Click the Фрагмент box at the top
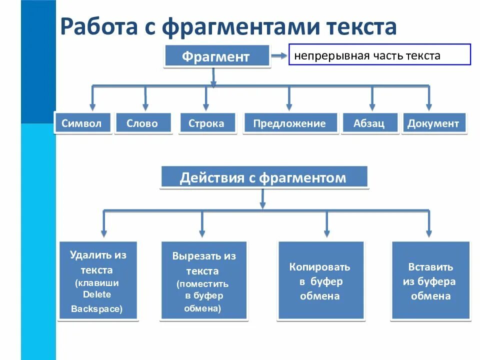pyautogui.click(x=215, y=56)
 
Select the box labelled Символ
pyautogui.click(x=81, y=123)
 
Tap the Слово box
pyautogui.click(x=142, y=123)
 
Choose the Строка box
pyautogui.click(x=206, y=123)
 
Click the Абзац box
pyautogui.click(x=369, y=123)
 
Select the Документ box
pyautogui.click(x=433, y=123)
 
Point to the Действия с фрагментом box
pyautogui.click(x=263, y=178)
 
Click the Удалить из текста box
pyautogui.click(x=98, y=281)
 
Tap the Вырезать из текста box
pyautogui.click(x=203, y=281)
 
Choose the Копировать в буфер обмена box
pyautogui.click(x=320, y=281)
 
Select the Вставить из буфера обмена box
pyautogui.click(x=430, y=281)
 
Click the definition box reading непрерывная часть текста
pyautogui.click(x=379, y=55)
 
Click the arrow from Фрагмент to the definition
pyautogui.click(x=278, y=56)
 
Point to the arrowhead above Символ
pyautogui.click(x=92, y=106)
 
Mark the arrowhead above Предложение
pyautogui.click(x=289, y=106)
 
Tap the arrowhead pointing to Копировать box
pyautogui.click(x=327, y=232)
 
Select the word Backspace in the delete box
pyautogui.click(x=96, y=309)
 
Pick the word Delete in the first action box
pyautogui.click(x=97, y=294)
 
